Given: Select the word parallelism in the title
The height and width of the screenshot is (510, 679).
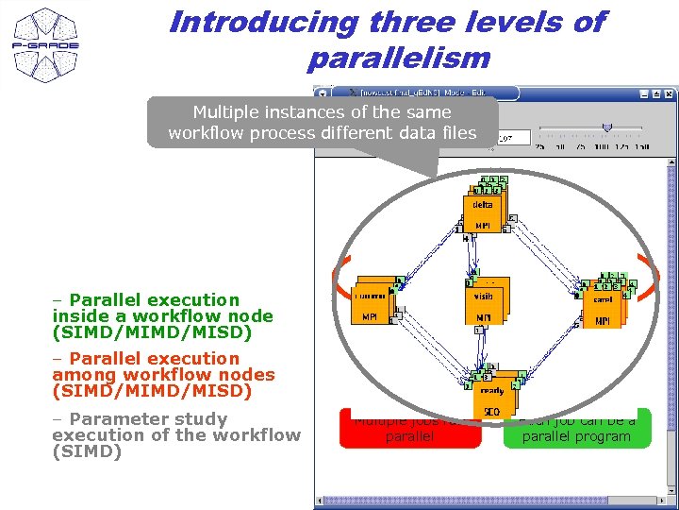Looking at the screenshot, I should point(398,59).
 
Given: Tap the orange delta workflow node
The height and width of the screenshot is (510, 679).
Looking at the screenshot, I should point(483,211).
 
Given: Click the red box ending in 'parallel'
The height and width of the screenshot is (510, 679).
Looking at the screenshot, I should point(410,430).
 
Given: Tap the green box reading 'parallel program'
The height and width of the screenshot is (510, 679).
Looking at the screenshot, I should point(576,430).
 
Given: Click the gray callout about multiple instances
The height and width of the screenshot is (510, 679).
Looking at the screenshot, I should point(322,123).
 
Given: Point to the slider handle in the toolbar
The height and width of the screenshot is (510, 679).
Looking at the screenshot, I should point(607,127).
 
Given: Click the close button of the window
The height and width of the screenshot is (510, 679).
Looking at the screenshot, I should point(668,93).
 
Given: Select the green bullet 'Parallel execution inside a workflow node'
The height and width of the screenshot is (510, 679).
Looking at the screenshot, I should point(162,316).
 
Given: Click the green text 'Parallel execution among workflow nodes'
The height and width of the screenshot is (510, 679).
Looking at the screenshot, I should point(163,375).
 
